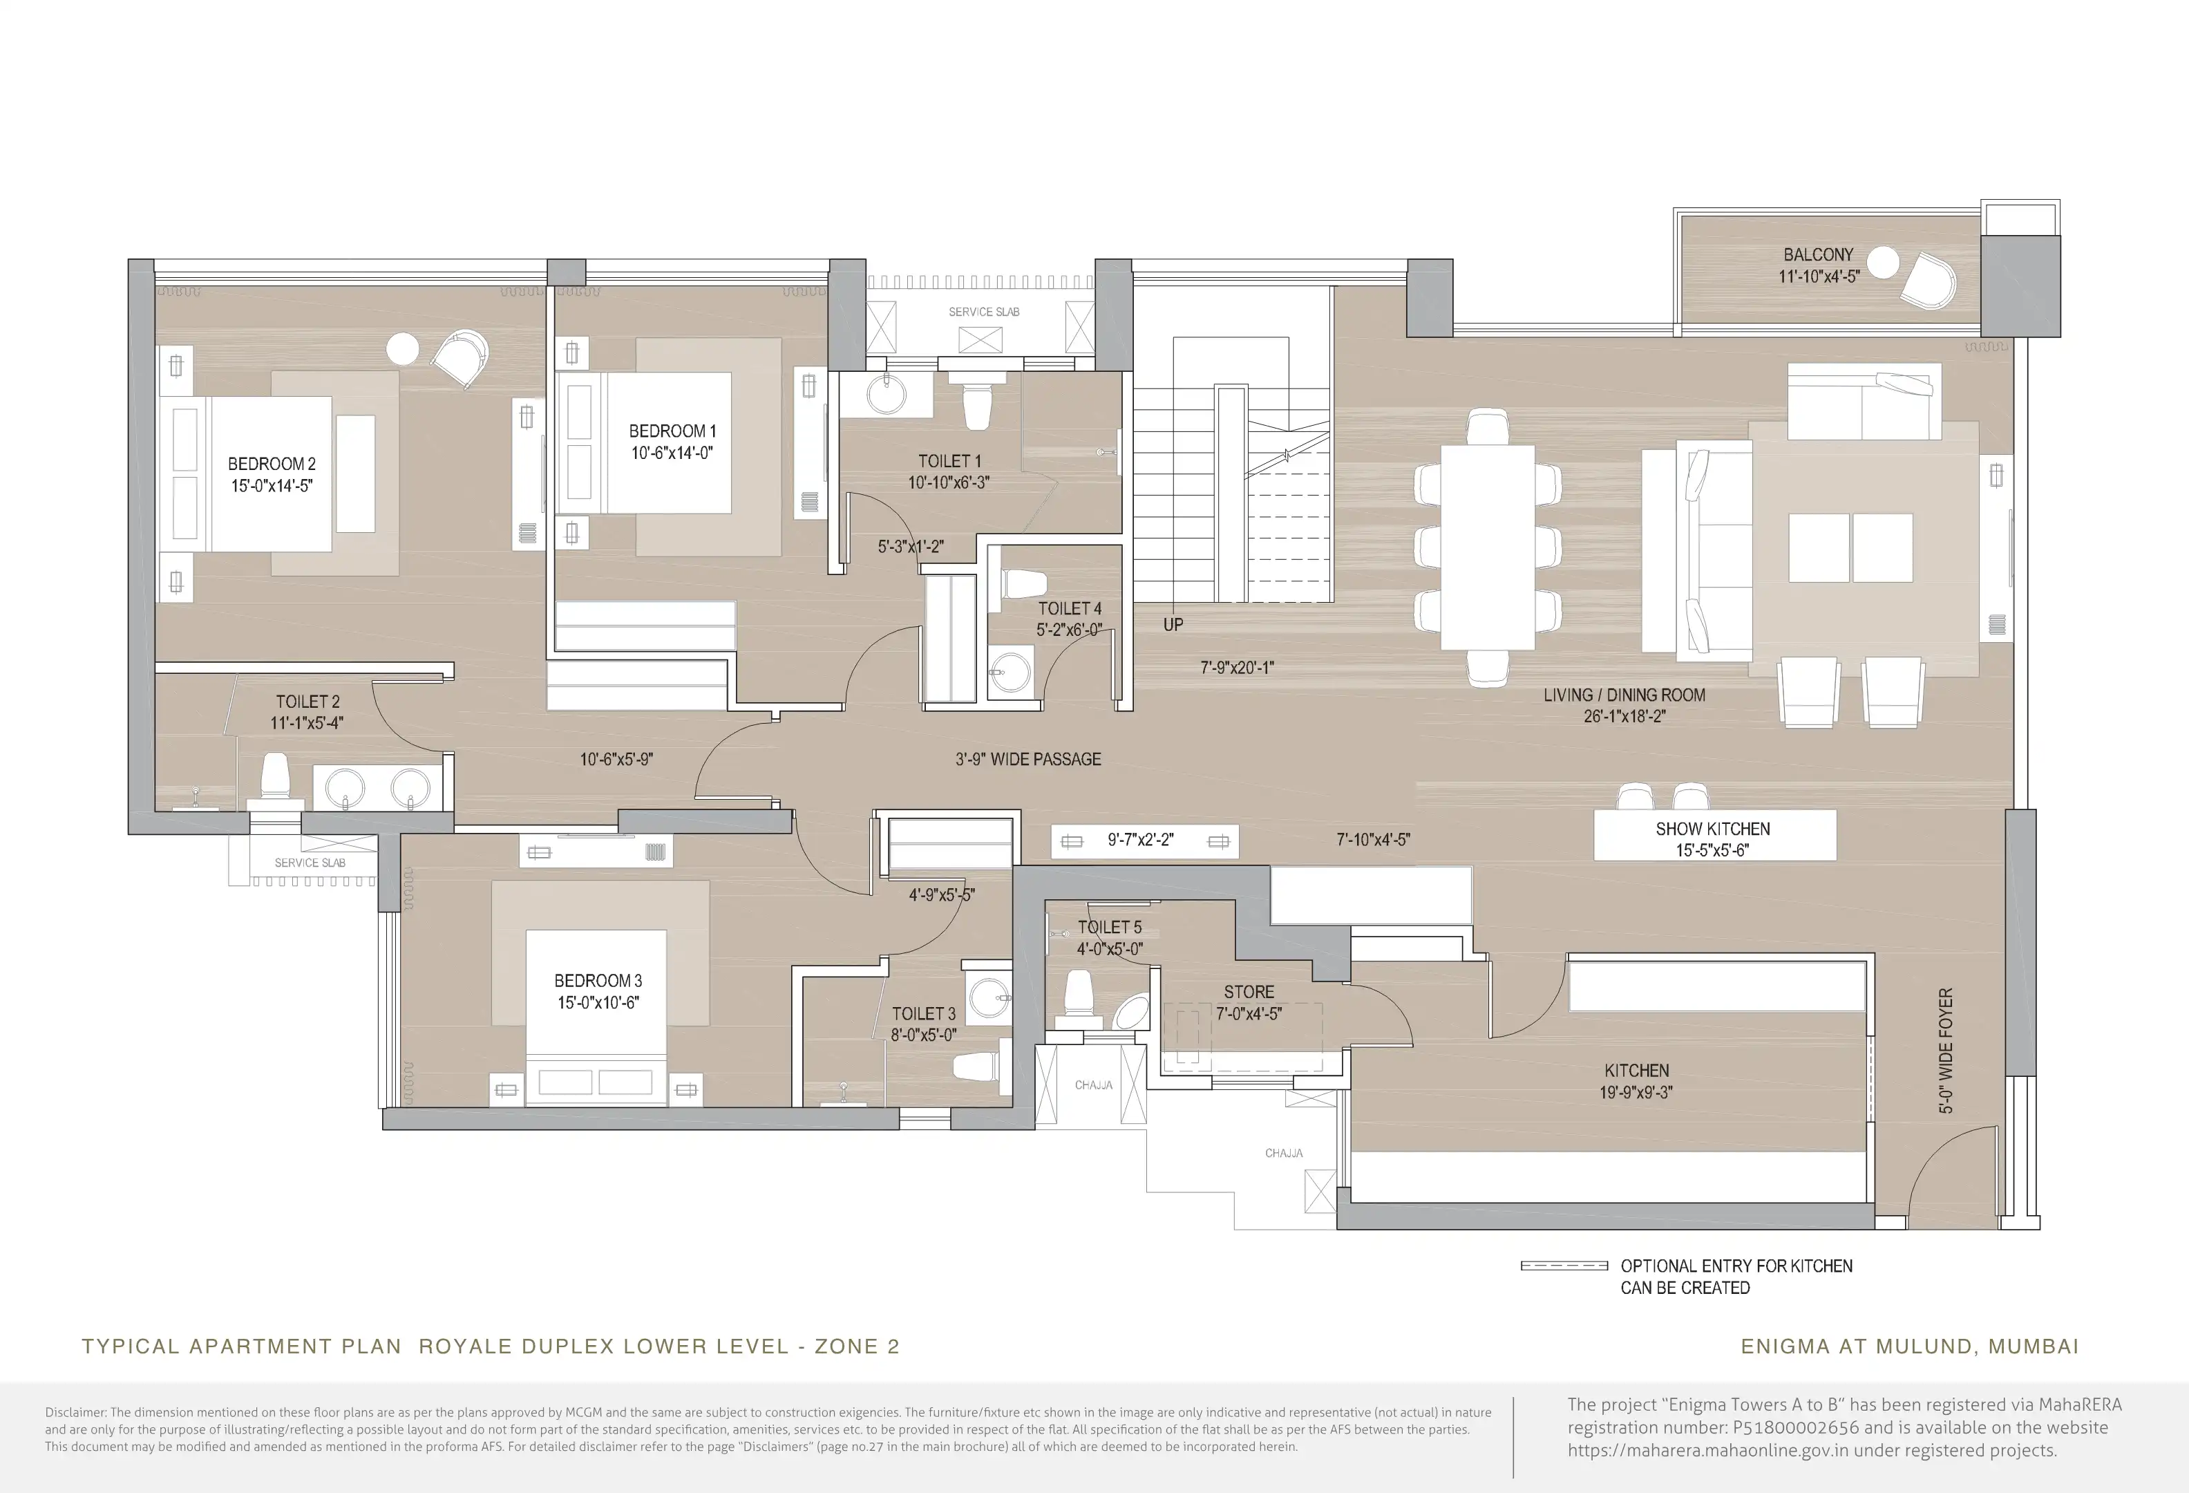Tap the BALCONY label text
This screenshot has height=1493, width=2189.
pyautogui.click(x=1818, y=254)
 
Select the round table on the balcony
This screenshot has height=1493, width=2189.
pyautogui.click(x=1883, y=262)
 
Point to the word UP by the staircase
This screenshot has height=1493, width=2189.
pyautogui.click(x=1173, y=625)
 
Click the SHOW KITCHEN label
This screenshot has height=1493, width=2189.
pyautogui.click(x=1712, y=829)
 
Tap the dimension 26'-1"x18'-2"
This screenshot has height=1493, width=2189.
pyautogui.click(x=1624, y=716)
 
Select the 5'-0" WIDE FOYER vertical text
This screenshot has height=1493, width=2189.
pyautogui.click(x=1945, y=1050)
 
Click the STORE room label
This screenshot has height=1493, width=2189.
pyautogui.click(x=1249, y=992)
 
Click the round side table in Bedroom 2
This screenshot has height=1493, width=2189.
pyautogui.click(x=402, y=348)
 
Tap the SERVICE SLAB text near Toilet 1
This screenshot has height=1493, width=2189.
pyautogui.click(x=983, y=312)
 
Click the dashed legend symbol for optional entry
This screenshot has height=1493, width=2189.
pyautogui.click(x=1564, y=1266)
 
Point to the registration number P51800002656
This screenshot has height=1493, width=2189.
pyautogui.click(x=1795, y=1427)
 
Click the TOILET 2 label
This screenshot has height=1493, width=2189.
pyautogui.click(x=307, y=702)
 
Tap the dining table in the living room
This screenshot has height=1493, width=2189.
pyautogui.click(x=1488, y=546)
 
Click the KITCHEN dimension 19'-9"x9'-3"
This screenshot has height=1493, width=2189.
pyautogui.click(x=1636, y=1093)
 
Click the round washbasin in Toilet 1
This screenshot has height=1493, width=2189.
pyautogui.click(x=887, y=395)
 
